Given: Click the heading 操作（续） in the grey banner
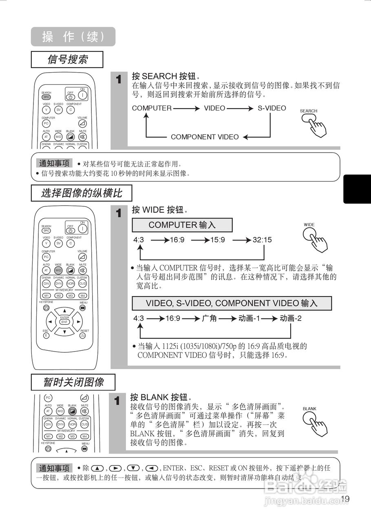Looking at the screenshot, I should click(x=73, y=37).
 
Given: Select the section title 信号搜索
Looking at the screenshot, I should click(x=67, y=60).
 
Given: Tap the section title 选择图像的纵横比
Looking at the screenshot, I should click(x=82, y=192).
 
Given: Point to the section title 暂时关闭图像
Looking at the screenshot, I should click(x=73, y=382).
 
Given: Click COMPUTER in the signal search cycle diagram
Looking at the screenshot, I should click(x=152, y=108).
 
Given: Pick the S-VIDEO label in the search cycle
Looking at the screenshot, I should click(x=272, y=108).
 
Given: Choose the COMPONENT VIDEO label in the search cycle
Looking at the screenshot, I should click(x=205, y=137).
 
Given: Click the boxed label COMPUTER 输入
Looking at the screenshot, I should click(x=182, y=225).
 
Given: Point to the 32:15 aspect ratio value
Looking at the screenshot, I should click(x=262, y=240).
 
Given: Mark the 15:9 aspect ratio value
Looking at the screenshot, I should click(x=218, y=240).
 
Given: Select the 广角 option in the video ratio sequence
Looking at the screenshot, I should click(x=209, y=318).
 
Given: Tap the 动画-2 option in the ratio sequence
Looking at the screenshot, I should click(x=290, y=318).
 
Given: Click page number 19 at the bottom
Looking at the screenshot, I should click(x=345, y=498).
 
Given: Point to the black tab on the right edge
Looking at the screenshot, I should click(x=357, y=189).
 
